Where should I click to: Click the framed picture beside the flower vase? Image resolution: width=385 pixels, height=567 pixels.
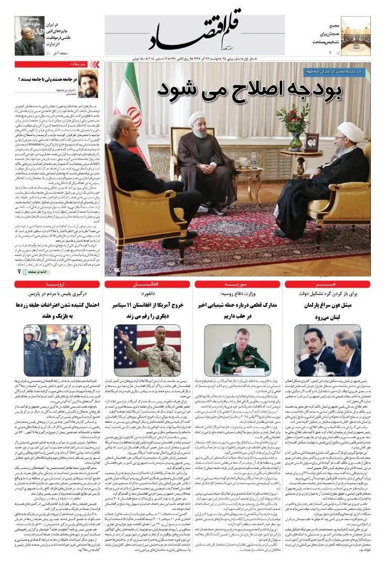[x=312, y=142]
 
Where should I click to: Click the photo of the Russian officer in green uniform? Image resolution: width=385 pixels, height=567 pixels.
[x=237, y=350]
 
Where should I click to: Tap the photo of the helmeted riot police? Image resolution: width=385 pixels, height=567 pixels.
[x=56, y=350]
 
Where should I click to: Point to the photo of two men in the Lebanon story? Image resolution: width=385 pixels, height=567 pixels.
[x=327, y=350]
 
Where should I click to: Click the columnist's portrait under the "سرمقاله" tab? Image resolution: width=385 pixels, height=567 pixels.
[x=88, y=84]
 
